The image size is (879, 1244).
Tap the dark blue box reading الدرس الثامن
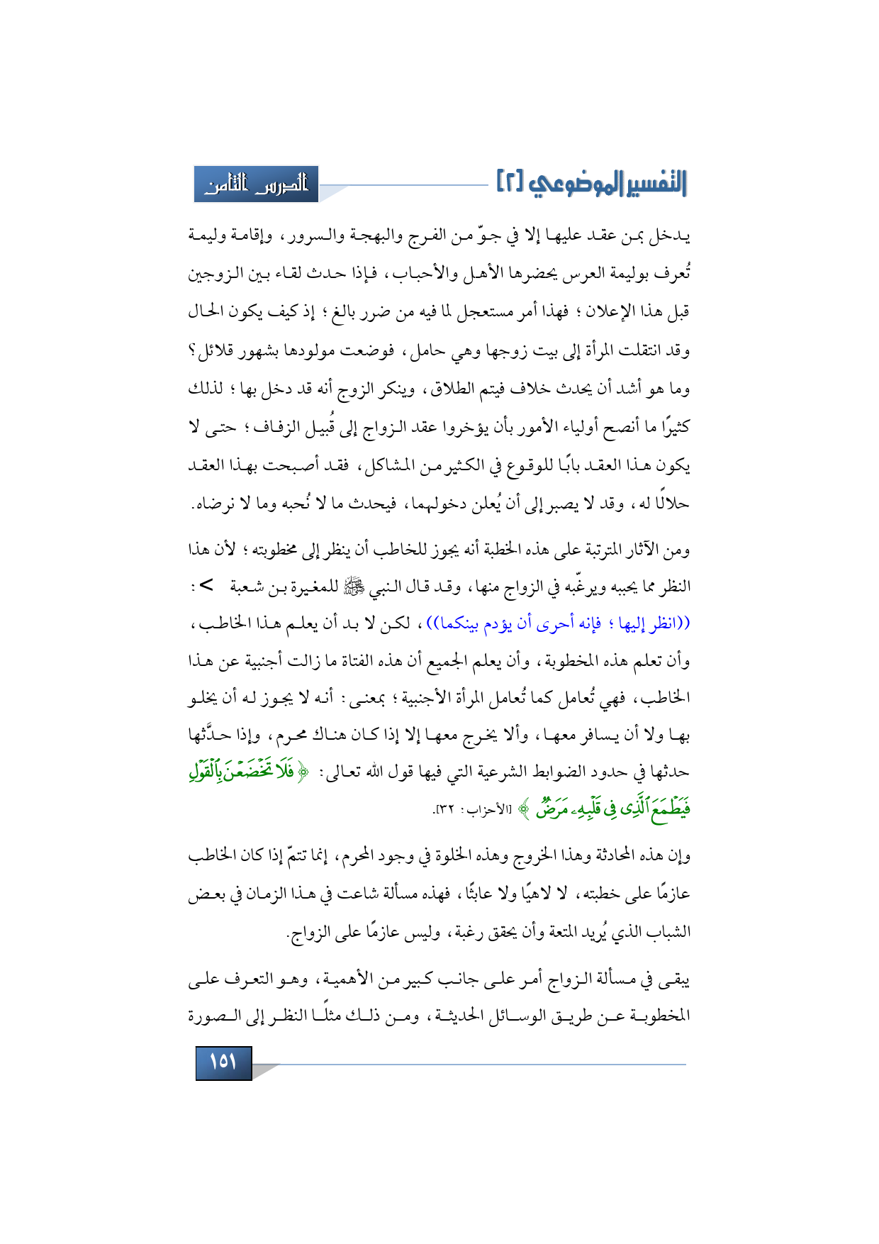coord(257,184)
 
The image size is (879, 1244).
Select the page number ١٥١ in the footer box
coord(223,1062)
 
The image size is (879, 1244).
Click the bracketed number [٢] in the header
coord(510,183)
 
